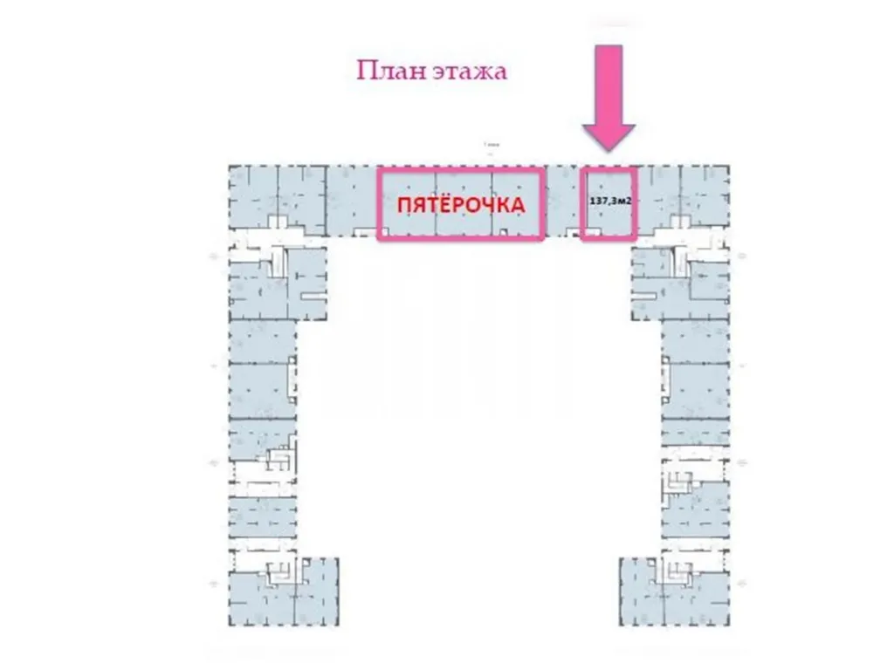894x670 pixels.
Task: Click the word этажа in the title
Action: [469, 72]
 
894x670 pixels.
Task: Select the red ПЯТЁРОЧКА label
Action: [461, 206]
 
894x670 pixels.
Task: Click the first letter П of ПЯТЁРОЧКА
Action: [404, 206]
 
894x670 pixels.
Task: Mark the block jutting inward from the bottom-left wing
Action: [321, 589]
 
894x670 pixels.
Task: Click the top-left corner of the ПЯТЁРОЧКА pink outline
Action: [379, 170]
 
